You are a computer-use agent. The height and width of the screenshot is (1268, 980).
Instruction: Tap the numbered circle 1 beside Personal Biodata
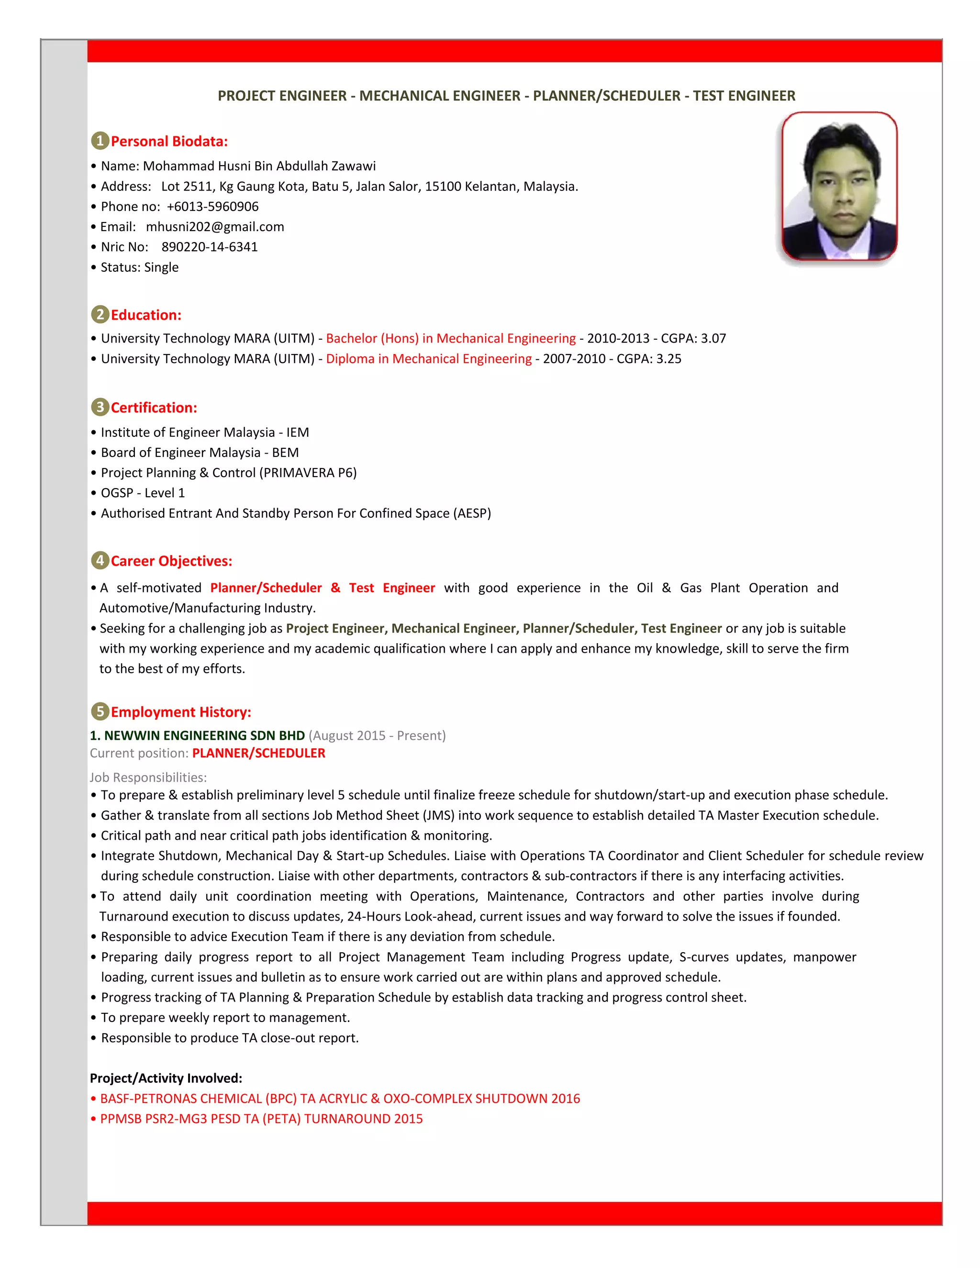pos(100,141)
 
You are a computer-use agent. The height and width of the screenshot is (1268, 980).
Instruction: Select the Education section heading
pos(146,315)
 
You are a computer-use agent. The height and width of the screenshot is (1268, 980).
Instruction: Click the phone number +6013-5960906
pos(212,207)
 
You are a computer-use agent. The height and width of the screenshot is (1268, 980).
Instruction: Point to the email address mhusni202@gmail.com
pos(215,227)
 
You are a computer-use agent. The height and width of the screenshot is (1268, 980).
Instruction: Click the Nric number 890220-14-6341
pos(209,247)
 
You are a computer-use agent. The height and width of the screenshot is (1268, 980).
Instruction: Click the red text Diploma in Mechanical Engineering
pos(428,359)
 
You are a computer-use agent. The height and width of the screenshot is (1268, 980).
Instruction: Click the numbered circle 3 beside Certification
pos(100,408)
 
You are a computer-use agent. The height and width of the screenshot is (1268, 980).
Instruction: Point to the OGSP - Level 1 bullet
pos(142,493)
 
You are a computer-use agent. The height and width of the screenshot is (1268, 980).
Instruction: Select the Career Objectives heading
pos(171,561)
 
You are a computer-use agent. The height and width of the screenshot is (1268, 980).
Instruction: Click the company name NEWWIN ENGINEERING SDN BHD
pos(204,735)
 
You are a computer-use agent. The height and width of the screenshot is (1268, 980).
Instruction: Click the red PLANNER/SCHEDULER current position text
pos(258,753)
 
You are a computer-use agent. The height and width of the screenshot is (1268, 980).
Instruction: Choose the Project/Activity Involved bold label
pos(166,1078)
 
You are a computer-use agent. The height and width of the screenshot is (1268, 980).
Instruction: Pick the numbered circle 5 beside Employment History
pos(100,712)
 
